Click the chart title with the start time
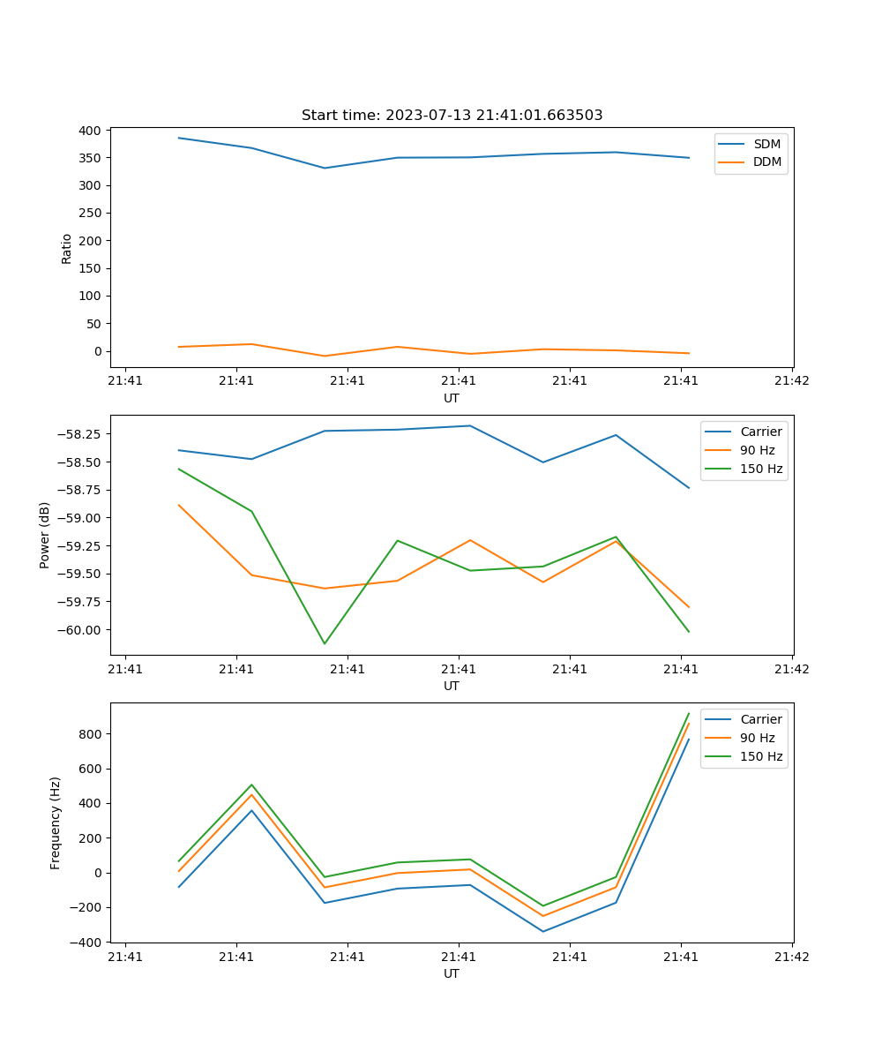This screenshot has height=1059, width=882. pos(452,116)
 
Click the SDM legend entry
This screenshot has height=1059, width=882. pos(766,144)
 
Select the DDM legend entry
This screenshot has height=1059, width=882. pos(766,161)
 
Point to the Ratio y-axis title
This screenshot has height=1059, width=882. pos(67,248)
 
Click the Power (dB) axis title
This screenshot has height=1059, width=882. pos(45,535)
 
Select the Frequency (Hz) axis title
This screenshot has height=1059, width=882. pos(56,822)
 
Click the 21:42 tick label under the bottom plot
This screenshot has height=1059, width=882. pos(791,957)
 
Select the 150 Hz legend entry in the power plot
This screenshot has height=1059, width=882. pos(761,469)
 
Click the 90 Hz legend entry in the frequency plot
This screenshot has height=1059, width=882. pos(757,738)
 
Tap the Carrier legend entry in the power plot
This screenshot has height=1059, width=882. pos(760,432)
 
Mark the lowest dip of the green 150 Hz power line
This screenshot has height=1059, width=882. pos(325,643)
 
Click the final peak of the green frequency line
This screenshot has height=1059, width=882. pos(689,713)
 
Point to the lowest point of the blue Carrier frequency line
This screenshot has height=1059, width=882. pos(542,931)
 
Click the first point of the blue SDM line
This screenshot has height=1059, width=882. pos(179,138)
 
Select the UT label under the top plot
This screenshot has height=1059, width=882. pos(452,398)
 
